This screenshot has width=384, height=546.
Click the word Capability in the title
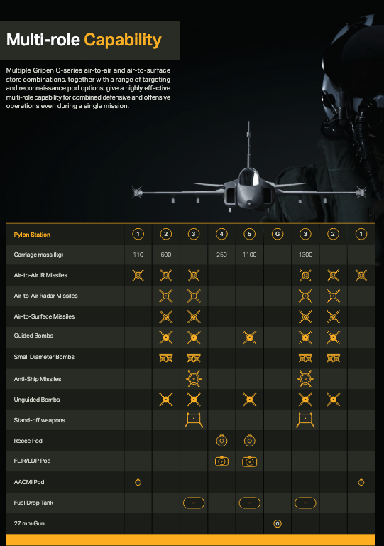click(x=123, y=41)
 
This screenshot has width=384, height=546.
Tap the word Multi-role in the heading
click(x=43, y=40)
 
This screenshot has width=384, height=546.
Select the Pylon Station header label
click(x=32, y=235)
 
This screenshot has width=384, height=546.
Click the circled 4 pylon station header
click(x=221, y=234)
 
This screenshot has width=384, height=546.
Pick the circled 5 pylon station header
click(x=250, y=234)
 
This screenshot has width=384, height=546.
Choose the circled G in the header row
click(x=278, y=234)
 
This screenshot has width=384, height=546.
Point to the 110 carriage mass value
click(x=138, y=255)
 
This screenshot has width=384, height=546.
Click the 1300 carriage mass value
click(x=305, y=255)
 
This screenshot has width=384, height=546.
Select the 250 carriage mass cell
click(x=221, y=255)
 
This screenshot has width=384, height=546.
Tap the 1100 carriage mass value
click(x=250, y=255)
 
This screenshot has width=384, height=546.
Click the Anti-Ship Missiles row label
click(x=38, y=379)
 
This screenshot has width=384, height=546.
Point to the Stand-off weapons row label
click(x=40, y=420)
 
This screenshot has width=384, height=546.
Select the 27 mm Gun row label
click(x=29, y=523)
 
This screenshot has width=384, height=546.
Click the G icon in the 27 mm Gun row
click(x=278, y=523)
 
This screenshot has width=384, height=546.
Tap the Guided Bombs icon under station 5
click(x=250, y=338)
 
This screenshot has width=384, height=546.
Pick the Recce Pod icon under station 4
click(x=221, y=441)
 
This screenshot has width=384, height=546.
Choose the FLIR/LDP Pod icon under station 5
click(x=250, y=461)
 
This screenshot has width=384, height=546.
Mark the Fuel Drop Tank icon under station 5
click(x=250, y=503)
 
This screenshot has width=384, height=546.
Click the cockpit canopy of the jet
click(x=249, y=177)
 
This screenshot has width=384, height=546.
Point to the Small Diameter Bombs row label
click(x=44, y=357)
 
